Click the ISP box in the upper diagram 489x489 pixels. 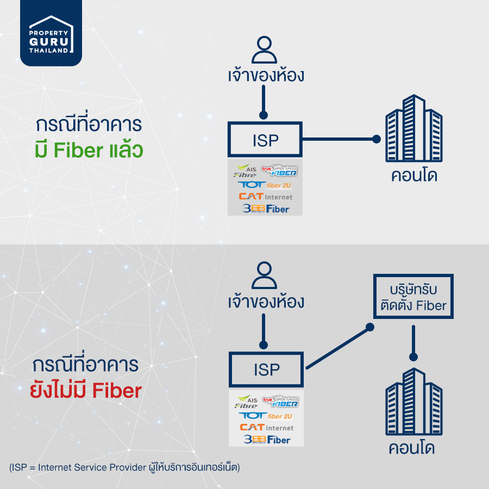tap(265, 140)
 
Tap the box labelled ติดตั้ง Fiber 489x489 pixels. tap(414, 296)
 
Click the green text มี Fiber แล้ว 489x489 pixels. tap(88, 149)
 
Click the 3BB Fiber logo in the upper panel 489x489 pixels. tap(266, 208)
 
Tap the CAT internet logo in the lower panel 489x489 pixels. tap(266, 427)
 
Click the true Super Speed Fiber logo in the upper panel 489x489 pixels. tap(280, 171)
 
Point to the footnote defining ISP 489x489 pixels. tap(124, 467)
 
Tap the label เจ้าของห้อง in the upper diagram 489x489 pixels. tap(266, 75)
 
